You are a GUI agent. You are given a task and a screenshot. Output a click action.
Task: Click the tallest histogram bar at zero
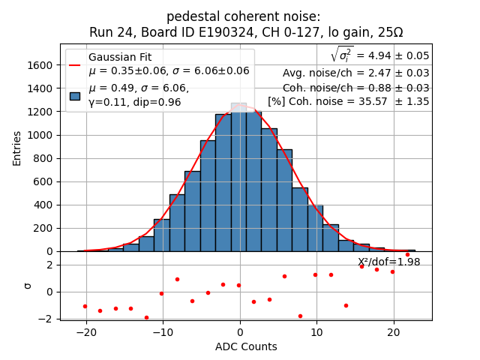[238, 180]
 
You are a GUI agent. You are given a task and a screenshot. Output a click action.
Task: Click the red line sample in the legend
[75, 64]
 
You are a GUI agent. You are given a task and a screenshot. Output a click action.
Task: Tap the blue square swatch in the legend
[75, 95]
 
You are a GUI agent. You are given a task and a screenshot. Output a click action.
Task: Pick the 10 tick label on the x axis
[316, 332]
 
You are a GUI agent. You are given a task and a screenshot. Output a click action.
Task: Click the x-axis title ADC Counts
[246, 346]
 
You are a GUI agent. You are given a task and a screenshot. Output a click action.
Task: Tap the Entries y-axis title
[17, 148]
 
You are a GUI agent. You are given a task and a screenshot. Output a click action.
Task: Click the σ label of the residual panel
[28, 286]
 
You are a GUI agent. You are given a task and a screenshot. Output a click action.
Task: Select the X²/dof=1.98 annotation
[388, 262]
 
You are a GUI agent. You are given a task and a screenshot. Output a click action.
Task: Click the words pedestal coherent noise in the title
[243, 16]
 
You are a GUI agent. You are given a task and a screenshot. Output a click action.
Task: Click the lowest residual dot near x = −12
[146, 317]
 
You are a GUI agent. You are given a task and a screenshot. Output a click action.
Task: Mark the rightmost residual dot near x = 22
[407, 254]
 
